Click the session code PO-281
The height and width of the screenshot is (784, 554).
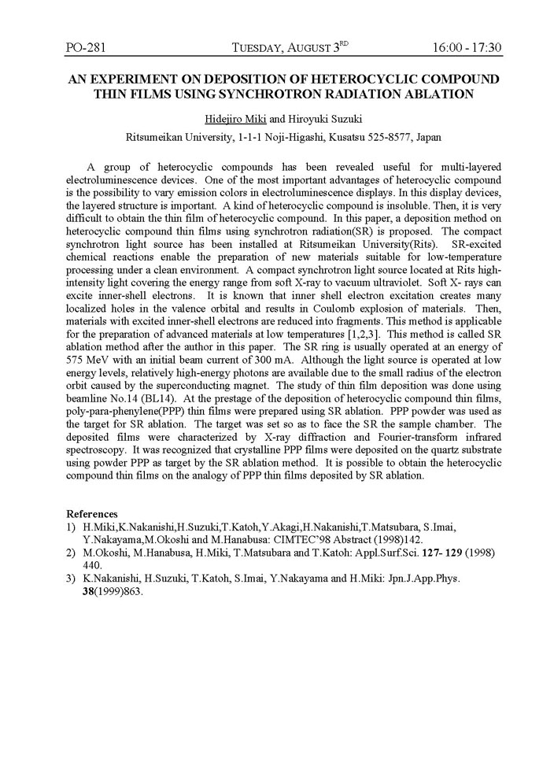(x=86, y=48)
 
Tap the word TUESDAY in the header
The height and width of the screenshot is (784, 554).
(x=264, y=49)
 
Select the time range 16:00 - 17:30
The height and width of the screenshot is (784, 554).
(x=467, y=48)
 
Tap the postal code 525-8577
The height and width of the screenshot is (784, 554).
(x=363, y=136)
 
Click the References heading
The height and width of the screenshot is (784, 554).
(x=92, y=514)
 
